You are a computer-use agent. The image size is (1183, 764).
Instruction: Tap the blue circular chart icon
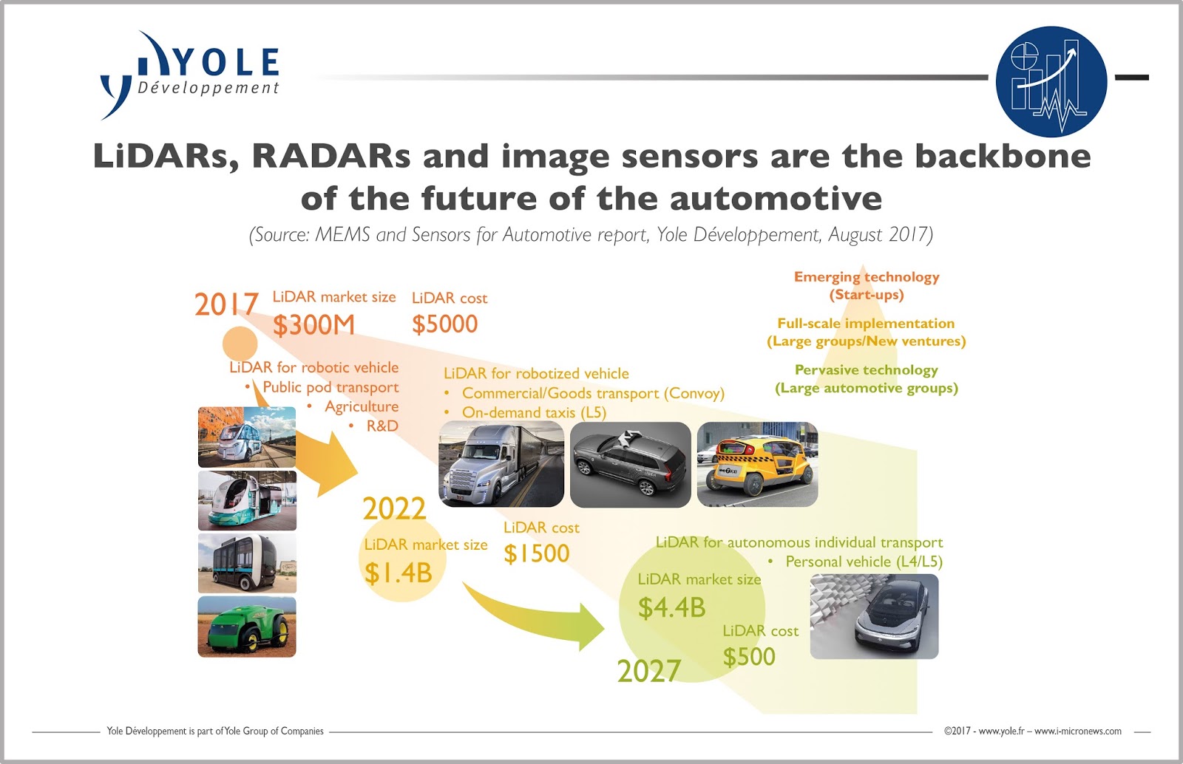(x=1051, y=81)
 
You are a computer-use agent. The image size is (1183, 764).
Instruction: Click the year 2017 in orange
(x=226, y=304)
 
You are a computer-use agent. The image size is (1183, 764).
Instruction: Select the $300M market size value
(x=313, y=325)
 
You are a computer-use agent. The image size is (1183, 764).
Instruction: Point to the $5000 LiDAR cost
(x=444, y=324)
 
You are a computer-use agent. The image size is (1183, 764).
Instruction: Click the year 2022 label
(x=394, y=509)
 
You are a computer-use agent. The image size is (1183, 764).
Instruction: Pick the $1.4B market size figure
(x=398, y=573)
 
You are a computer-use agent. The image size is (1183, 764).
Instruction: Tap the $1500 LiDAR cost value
(x=536, y=553)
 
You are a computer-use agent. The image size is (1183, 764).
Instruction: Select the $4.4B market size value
(x=671, y=607)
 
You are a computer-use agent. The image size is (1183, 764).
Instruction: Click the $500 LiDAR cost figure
(x=749, y=656)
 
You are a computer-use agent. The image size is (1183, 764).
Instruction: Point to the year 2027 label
(x=648, y=671)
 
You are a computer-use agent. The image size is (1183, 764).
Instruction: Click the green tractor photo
(x=247, y=627)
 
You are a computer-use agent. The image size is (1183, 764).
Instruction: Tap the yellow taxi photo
(x=757, y=464)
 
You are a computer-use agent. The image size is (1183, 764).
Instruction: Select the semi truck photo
(x=501, y=464)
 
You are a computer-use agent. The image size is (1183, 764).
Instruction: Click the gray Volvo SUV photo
(x=630, y=464)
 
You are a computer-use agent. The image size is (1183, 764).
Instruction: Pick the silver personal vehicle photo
(x=874, y=616)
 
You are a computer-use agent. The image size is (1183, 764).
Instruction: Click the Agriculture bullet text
(x=361, y=406)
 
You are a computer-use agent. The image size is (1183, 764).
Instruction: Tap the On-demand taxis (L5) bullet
(x=533, y=412)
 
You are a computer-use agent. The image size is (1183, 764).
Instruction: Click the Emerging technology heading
(x=867, y=277)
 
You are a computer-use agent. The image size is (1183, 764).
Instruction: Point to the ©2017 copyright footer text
(x=1032, y=731)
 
